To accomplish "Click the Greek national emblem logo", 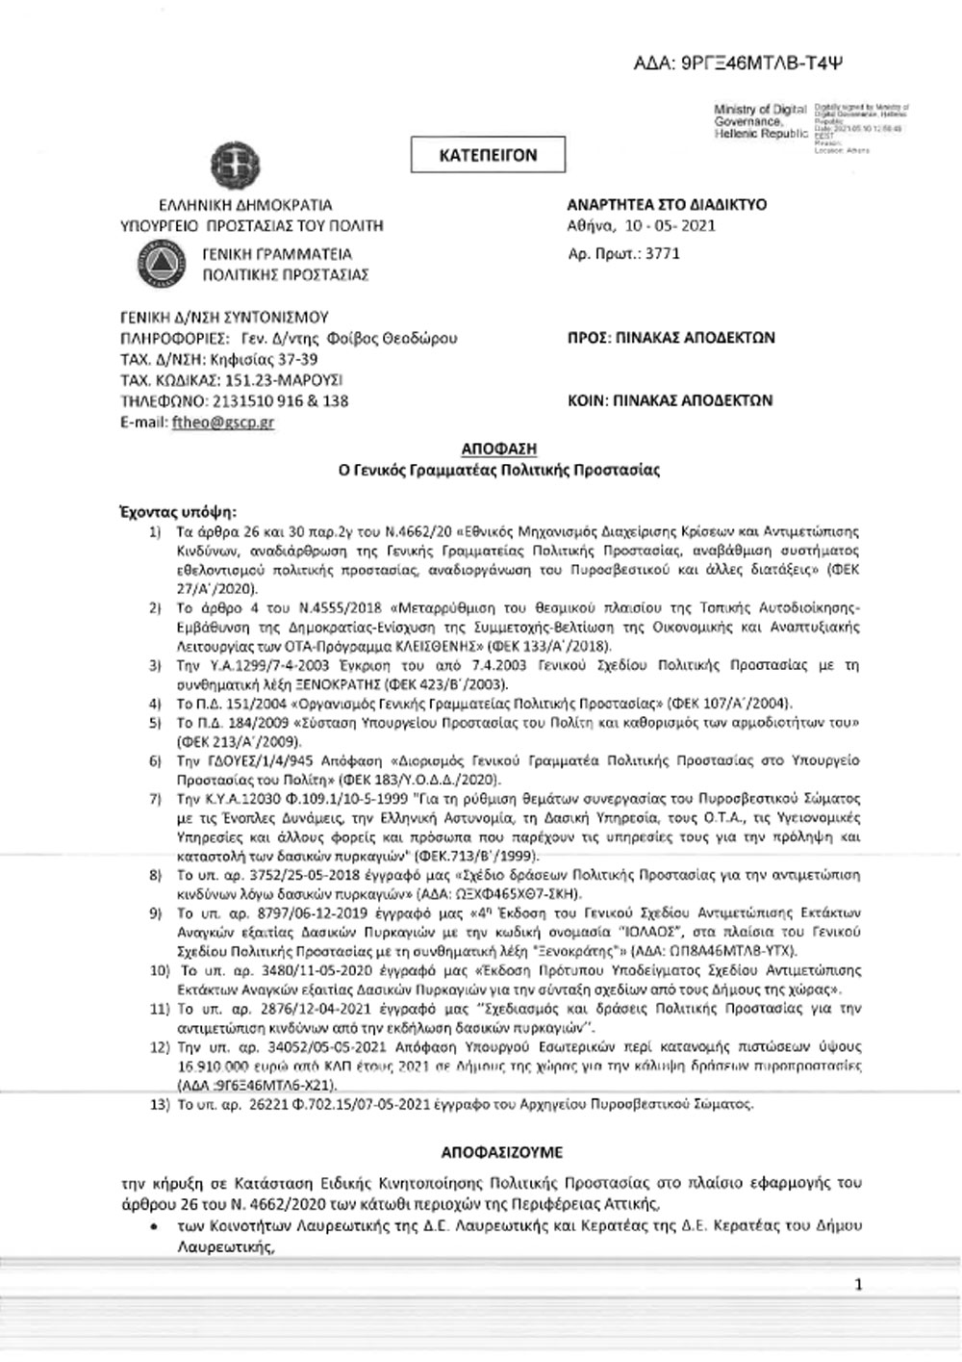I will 232,161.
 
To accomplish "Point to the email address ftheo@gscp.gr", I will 222,422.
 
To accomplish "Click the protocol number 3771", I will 664,254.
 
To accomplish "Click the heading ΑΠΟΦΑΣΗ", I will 498,449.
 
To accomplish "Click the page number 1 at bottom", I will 858,1284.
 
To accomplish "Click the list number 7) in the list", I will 155,799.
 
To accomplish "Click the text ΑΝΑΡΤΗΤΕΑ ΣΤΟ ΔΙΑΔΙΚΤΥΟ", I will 667,205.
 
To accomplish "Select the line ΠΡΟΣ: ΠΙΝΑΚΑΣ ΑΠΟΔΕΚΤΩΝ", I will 671,338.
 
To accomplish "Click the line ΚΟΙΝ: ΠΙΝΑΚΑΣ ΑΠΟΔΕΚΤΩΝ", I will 671,400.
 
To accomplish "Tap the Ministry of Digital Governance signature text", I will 760,122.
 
